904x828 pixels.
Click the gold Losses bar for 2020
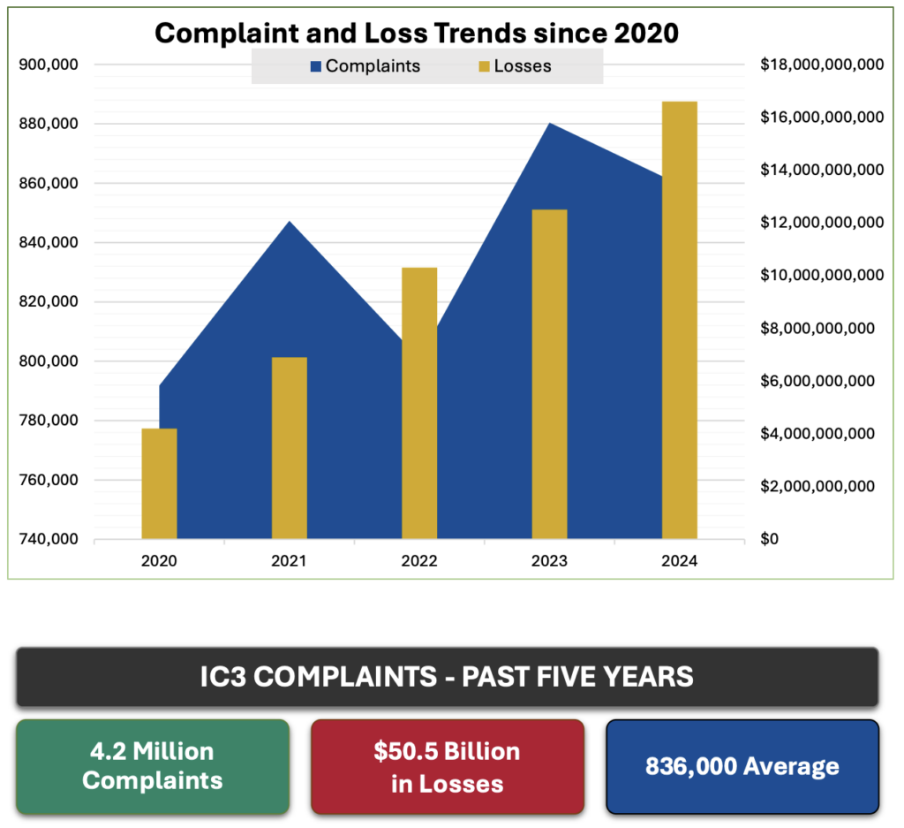point(159,483)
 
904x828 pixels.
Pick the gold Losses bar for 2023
point(549,374)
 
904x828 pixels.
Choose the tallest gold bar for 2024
point(679,320)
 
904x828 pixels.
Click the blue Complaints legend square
point(315,66)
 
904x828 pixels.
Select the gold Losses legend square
point(484,66)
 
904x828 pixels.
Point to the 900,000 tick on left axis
point(49,65)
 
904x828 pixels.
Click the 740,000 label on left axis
point(49,539)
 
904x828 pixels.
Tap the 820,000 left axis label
point(49,302)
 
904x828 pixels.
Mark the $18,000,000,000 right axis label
point(821,65)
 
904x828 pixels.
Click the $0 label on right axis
point(771,539)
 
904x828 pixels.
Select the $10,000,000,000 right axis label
point(821,276)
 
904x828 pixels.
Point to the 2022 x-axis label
point(419,561)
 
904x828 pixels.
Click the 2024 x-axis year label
point(679,561)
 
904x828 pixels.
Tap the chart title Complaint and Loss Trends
point(418,33)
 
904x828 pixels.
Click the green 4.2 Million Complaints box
point(152,766)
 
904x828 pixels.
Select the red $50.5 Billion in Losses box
point(448,766)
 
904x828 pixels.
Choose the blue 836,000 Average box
point(742,766)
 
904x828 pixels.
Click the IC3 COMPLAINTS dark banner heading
point(447,677)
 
